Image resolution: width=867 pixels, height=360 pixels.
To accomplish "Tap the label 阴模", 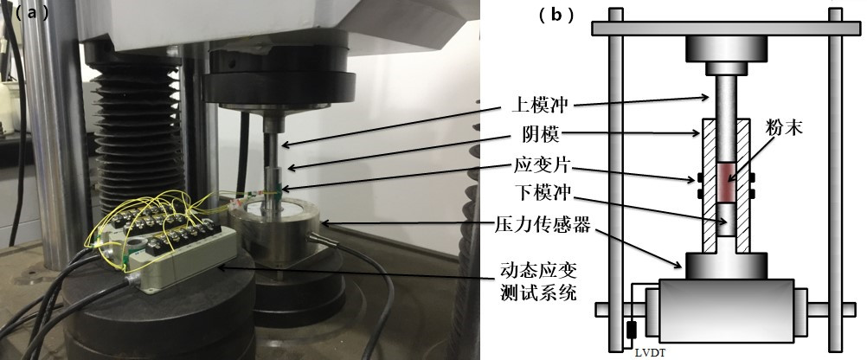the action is point(528,134).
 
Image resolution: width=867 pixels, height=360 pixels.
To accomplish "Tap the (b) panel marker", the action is point(556,15).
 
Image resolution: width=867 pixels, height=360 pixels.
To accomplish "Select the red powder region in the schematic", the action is point(725,183).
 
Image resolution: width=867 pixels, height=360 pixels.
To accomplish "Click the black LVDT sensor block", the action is point(631,330).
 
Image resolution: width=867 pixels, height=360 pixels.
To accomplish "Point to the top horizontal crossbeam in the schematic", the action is point(725,28).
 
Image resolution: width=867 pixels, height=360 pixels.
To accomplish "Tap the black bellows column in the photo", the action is point(138,138).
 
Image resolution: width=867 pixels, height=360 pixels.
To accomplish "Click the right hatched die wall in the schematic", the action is point(742,184).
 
